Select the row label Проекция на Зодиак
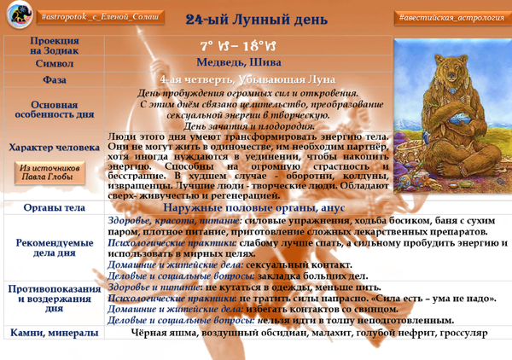pos(54,45)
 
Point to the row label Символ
pos(54,62)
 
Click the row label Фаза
pos(54,79)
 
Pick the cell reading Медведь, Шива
pos(247,62)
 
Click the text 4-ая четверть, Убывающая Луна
pos(247,79)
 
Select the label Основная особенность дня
pos(54,109)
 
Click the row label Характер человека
pos(54,148)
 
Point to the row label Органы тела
pos(54,207)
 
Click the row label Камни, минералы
pos(54,332)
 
